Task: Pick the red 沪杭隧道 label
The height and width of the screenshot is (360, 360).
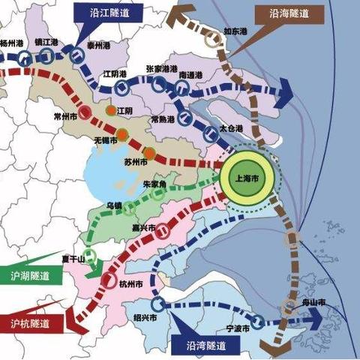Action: coord(30,323)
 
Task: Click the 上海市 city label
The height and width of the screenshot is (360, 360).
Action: coord(247,178)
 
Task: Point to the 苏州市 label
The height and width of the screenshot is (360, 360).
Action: coord(131,162)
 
